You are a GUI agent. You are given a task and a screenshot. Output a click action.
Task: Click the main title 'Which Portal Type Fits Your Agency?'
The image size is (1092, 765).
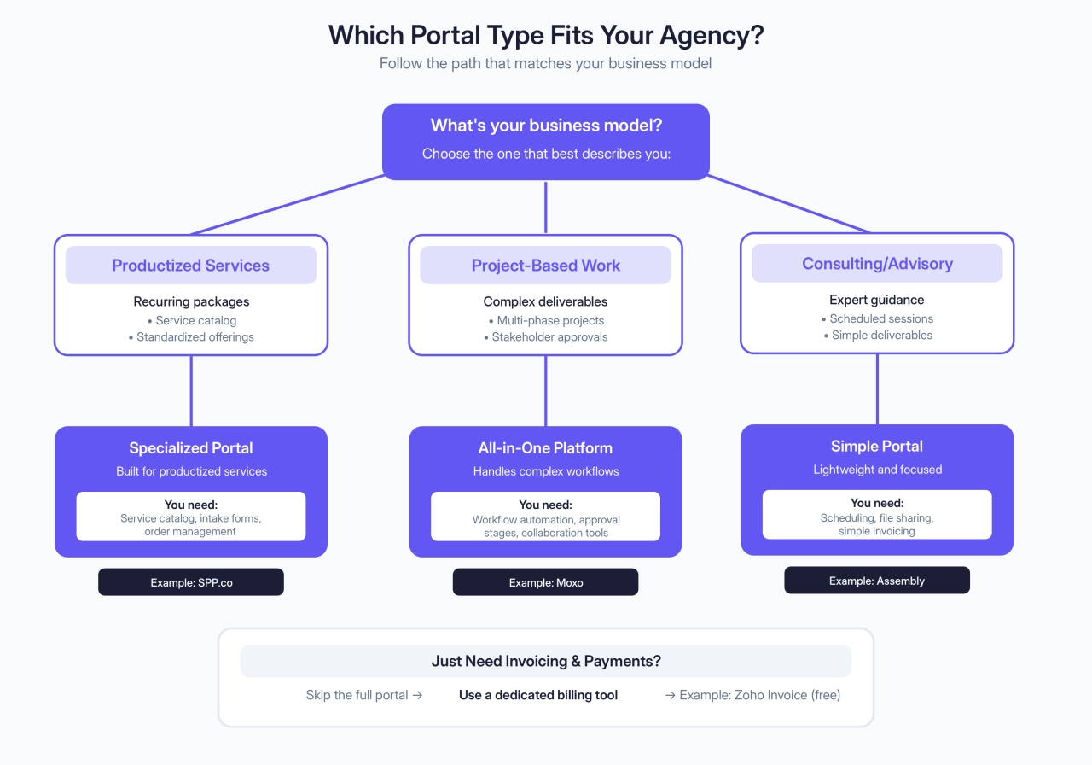pos(545,35)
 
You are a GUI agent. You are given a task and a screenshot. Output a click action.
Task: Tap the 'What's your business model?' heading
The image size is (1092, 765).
pos(546,126)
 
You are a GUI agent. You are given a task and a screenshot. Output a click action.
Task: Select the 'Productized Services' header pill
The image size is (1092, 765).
pos(191,266)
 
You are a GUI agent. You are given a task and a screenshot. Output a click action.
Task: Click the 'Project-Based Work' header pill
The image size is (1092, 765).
pos(546,266)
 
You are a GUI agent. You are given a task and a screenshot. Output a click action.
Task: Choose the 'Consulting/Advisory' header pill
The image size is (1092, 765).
pos(877,264)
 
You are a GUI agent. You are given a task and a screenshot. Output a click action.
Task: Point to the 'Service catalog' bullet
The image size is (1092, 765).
pos(195,321)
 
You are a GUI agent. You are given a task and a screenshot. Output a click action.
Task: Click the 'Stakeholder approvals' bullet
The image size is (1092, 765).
pos(549,337)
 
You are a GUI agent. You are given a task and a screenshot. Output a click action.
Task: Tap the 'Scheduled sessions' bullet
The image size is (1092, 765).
pos(880,318)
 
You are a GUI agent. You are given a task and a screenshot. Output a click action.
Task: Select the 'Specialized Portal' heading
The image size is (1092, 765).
pos(191,447)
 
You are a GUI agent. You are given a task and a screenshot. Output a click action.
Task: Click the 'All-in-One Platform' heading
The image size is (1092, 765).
pos(546,447)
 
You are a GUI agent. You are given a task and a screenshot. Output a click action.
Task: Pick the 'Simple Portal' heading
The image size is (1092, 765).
pos(877,446)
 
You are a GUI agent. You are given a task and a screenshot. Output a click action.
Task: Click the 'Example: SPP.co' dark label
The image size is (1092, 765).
pos(191,582)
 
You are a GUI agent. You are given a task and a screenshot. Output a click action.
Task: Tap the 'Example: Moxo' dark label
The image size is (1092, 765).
pos(546,582)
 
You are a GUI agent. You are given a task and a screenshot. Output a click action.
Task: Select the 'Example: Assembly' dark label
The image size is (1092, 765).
pos(877,581)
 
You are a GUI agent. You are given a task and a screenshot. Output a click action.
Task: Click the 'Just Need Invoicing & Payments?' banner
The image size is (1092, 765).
pos(546,661)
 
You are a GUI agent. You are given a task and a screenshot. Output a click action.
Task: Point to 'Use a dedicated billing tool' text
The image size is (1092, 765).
pos(538,695)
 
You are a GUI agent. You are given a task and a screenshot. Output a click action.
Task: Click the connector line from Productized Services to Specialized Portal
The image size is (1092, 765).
pos(191,391)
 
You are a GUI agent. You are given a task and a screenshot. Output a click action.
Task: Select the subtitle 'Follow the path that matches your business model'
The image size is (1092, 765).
pos(545,64)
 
